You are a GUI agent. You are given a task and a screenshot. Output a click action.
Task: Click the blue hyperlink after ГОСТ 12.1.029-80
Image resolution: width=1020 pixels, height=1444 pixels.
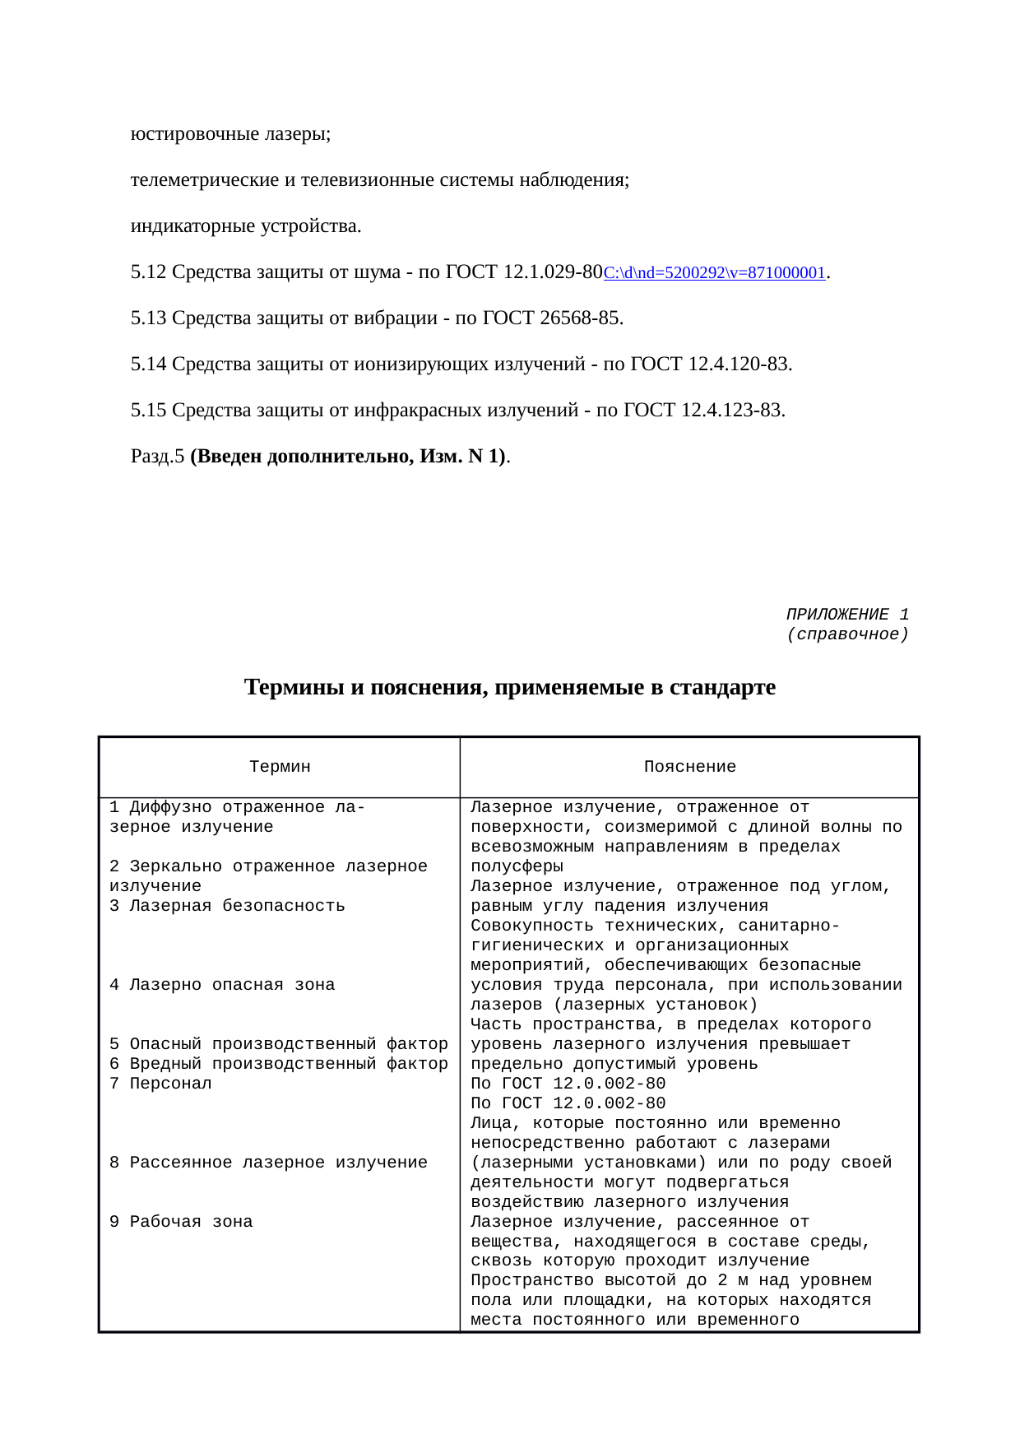pos(714,273)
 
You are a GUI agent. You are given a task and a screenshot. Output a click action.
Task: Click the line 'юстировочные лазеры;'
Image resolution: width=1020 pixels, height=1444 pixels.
pos(230,133)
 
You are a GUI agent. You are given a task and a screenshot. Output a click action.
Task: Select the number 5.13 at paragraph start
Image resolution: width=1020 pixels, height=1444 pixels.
pos(148,318)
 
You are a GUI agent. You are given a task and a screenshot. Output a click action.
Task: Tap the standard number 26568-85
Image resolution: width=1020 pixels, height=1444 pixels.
pos(579,318)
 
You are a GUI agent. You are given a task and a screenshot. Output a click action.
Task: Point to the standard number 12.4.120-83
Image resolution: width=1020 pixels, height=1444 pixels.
pos(739,364)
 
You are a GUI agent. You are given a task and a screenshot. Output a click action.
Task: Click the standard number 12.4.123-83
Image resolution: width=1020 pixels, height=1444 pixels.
pos(732,410)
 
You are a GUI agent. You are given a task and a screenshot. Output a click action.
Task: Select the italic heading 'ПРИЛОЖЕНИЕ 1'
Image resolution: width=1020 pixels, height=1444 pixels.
pos(847,615)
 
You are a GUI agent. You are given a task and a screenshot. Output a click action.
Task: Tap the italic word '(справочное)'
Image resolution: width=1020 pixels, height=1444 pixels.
pos(847,634)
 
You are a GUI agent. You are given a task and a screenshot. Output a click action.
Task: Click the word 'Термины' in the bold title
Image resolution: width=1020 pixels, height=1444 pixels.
pos(294,687)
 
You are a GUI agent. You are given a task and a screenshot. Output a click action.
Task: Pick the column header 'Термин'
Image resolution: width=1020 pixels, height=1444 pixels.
pos(280,767)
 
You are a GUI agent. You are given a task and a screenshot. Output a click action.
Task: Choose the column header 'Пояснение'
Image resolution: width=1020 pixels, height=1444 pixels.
pos(689,767)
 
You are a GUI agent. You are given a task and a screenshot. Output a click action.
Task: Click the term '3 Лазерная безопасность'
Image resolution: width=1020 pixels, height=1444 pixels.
pos(227,906)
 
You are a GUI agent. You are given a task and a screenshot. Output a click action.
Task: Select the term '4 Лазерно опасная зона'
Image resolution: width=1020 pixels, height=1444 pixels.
pos(222,985)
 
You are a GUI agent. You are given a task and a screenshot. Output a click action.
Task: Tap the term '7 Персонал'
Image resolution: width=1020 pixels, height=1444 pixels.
pos(160,1084)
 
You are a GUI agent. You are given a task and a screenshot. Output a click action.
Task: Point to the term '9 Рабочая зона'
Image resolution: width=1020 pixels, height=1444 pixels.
pos(181,1222)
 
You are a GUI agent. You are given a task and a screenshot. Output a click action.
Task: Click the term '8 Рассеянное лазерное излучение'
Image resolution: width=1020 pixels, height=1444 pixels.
pos(268,1163)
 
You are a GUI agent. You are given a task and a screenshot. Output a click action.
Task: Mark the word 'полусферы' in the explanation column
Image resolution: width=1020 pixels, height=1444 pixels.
pos(517,866)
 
